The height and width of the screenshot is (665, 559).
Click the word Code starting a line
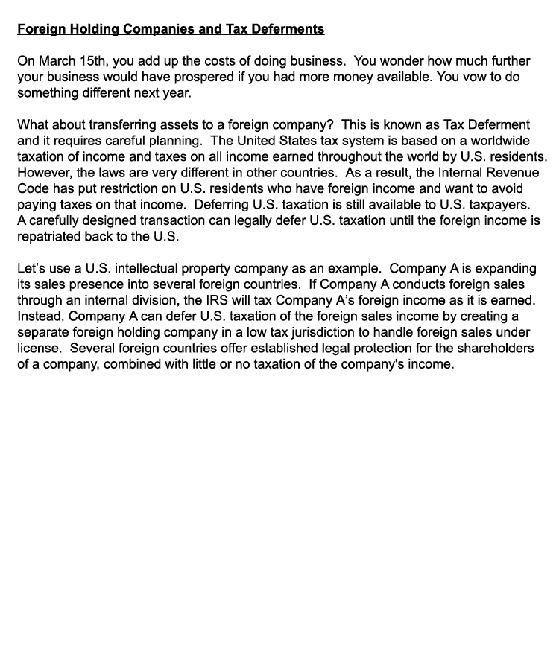(x=32, y=188)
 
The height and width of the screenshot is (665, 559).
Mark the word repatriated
(x=51, y=236)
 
